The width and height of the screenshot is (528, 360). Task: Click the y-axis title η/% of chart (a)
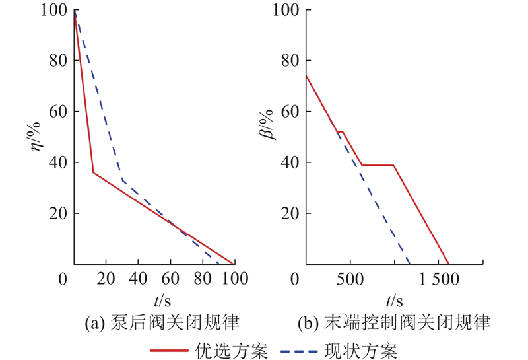(36, 135)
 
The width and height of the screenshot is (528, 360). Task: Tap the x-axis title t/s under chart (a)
(162, 301)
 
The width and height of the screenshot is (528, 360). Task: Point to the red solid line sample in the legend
(170, 348)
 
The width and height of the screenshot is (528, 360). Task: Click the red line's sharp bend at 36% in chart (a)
(93, 172)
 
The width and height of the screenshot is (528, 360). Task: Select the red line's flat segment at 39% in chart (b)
(378, 165)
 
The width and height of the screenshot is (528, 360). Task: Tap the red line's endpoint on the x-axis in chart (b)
(449, 264)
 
